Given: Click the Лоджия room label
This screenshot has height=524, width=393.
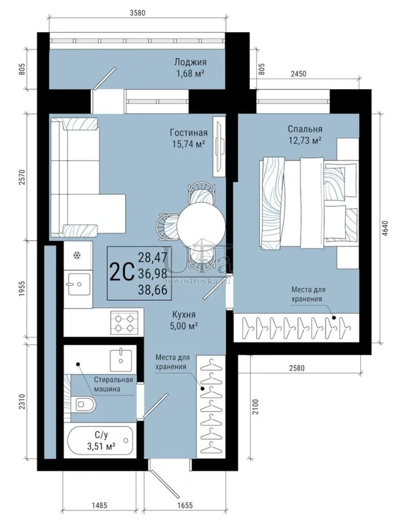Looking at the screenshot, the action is pyautogui.click(x=190, y=62).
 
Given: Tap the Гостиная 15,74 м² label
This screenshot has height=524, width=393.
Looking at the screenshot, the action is pyautogui.click(x=189, y=138).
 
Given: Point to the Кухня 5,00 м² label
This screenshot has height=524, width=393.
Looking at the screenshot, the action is pyautogui.click(x=184, y=320).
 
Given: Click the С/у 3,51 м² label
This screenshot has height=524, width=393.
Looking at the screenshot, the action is pyautogui.click(x=102, y=440).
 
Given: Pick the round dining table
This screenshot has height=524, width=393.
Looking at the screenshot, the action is pyautogui.click(x=201, y=225).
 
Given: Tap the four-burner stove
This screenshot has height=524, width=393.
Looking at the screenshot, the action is pyautogui.click(x=124, y=322).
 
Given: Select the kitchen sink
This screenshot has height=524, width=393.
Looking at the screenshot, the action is pyautogui.click(x=79, y=284).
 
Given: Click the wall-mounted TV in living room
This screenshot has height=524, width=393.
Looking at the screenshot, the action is pyautogui.click(x=219, y=146).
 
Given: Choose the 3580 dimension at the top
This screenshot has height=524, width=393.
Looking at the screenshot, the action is pyautogui.click(x=138, y=13).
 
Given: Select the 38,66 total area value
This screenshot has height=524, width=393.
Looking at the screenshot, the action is pyautogui.click(x=153, y=290).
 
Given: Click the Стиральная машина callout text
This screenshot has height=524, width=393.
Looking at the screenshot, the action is pyautogui.click(x=113, y=384).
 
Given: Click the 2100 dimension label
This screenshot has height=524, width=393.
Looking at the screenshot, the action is pyautogui.click(x=255, y=407).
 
